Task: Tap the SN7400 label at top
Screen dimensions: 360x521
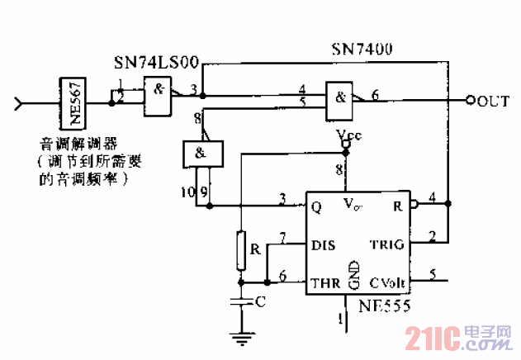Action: (361, 50)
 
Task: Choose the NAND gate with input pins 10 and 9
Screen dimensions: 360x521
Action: (201, 153)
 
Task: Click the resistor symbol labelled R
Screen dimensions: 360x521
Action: (240, 251)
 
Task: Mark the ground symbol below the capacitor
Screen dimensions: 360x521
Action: (240, 334)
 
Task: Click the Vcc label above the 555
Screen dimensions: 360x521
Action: (348, 135)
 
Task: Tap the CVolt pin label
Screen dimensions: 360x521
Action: (388, 283)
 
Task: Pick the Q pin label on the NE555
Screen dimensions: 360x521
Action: (316, 207)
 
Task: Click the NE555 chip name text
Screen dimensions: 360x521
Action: (385, 305)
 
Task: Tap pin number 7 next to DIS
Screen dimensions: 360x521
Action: (282, 239)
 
